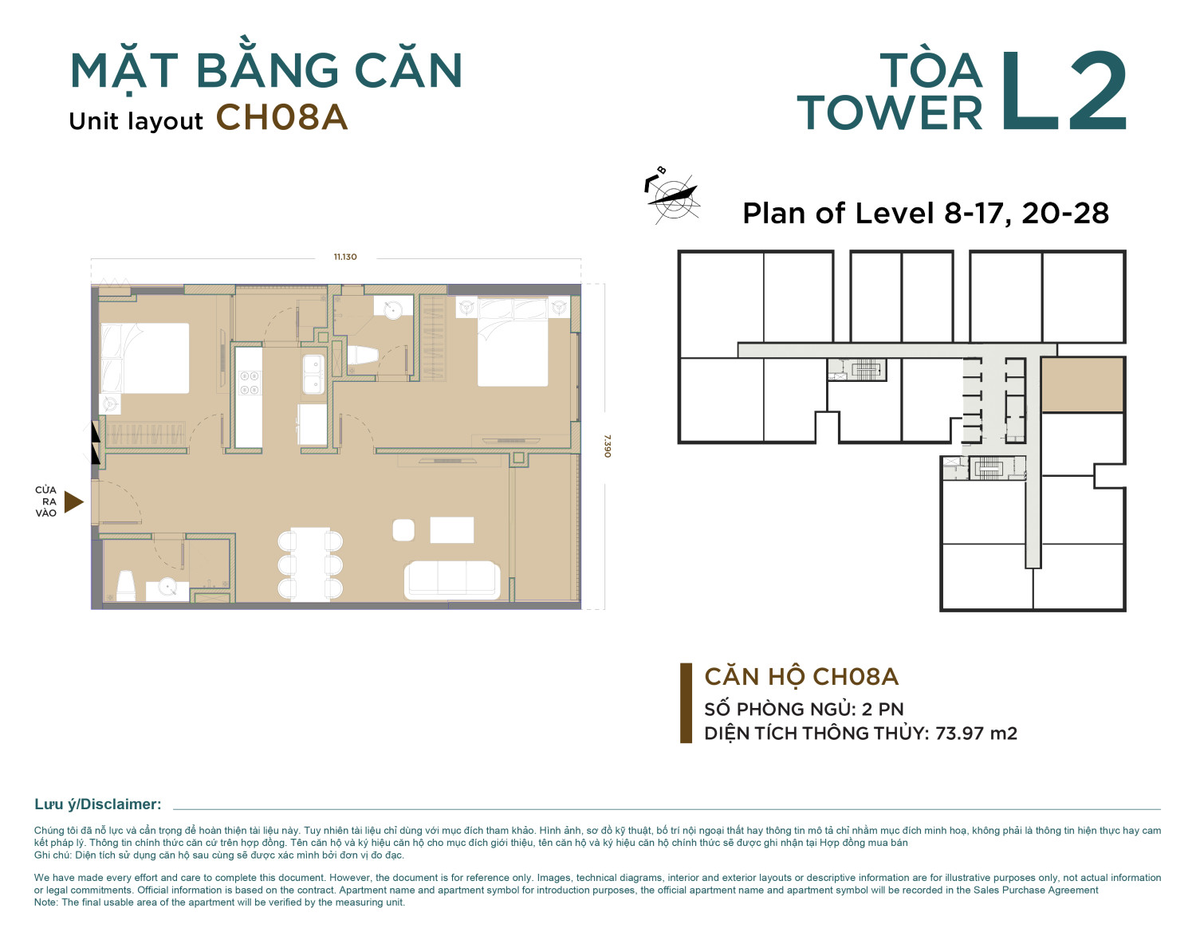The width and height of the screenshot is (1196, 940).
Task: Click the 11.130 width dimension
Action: (x=345, y=257)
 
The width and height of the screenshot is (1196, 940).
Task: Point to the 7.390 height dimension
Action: (x=608, y=446)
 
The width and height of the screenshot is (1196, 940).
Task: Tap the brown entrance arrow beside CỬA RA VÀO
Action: (x=73, y=502)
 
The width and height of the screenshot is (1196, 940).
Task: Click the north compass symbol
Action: (x=672, y=196)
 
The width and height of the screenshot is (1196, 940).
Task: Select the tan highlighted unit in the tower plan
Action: (x=1082, y=385)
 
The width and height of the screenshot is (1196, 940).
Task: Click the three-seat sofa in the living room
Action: (x=452, y=580)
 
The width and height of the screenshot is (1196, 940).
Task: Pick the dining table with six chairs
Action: (x=310, y=564)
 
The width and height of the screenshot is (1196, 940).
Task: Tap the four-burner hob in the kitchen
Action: (x=248, y=383)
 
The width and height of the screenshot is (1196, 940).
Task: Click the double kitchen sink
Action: (x=313, y=374)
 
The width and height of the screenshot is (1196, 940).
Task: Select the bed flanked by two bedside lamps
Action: (x=513, y=342)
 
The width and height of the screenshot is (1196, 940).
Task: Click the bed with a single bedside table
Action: (x=145, y=358)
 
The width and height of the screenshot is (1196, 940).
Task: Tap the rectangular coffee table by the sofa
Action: (x=452, y=530)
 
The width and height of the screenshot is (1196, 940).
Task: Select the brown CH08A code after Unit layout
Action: (x=281, y=117)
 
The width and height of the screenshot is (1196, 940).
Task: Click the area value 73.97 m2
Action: (x=976, y=734)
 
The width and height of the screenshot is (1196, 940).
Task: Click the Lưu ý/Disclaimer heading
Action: (x=98, y=804)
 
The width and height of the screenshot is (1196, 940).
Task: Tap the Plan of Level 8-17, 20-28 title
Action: (x=926, y=213)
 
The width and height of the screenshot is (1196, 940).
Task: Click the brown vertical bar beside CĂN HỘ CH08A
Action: (x=686, y=703)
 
